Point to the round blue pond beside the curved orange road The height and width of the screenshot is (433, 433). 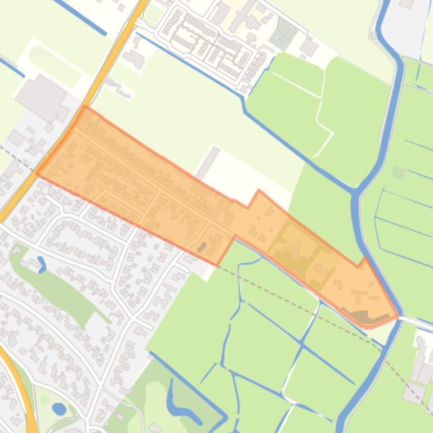pos(59,408)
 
